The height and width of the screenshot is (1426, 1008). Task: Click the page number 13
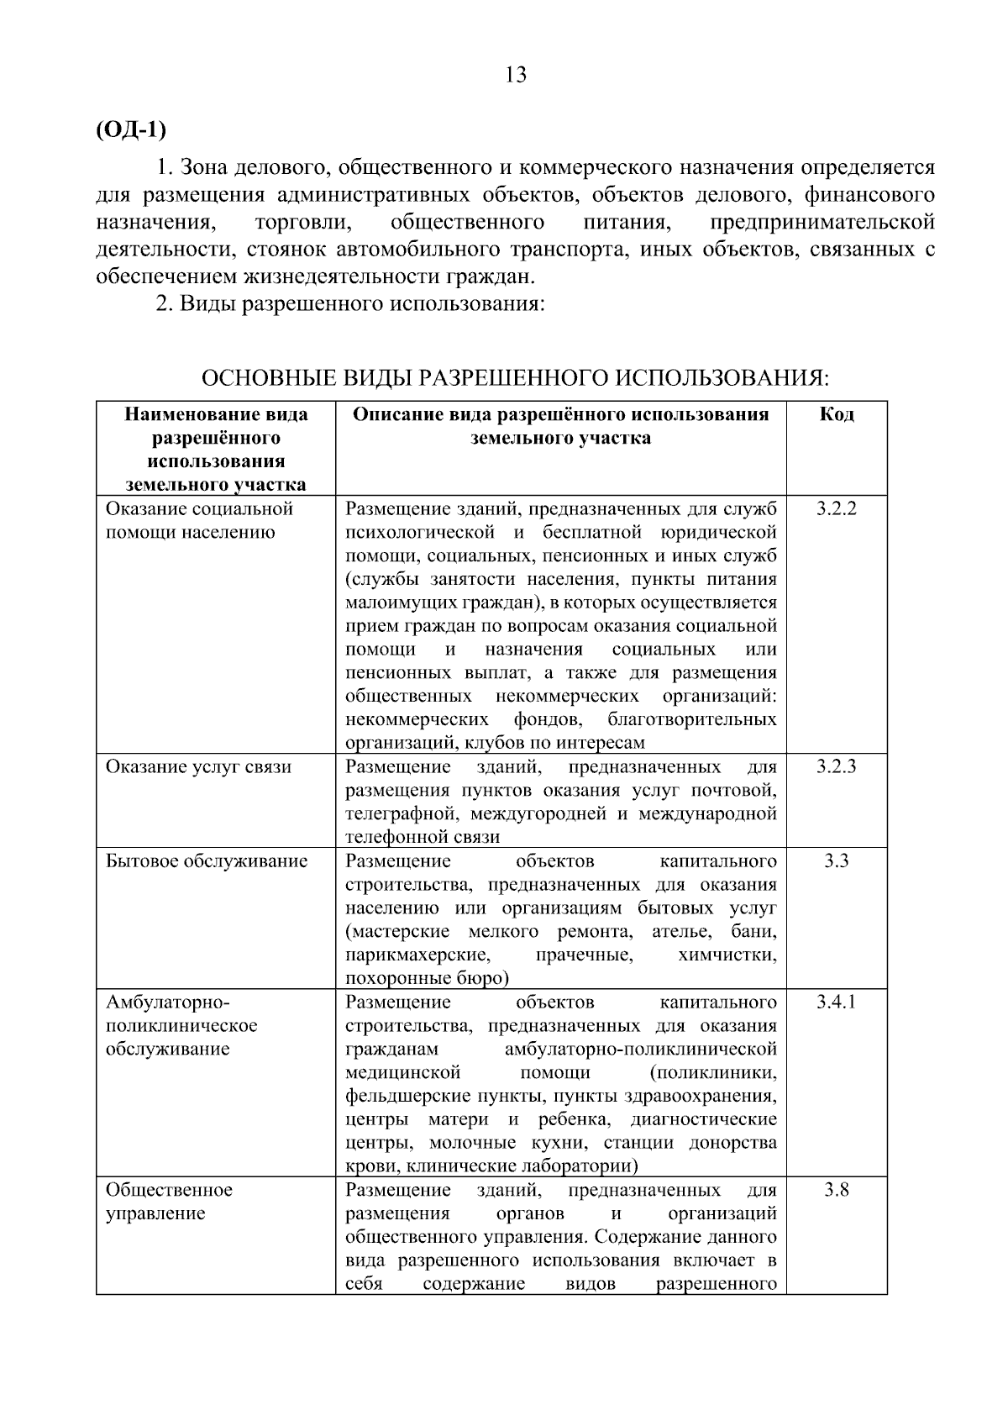pos(516,76)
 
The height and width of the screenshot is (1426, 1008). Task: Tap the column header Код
pos(836,414)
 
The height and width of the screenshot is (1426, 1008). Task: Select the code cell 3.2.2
pos(836,508)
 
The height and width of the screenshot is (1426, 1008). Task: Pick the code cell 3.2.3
pos(836,766)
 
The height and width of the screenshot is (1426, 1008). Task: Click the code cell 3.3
pos(836,860)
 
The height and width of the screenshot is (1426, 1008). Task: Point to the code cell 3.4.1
pos(836,1002)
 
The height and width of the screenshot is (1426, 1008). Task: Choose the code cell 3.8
pos(836,1190)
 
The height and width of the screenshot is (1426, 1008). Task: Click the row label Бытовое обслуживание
pos(207,860)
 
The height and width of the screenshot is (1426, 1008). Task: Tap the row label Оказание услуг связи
pos(198,766)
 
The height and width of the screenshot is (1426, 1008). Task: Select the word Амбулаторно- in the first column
pos(167,1002)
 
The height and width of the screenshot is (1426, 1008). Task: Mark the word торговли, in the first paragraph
pos(301,223)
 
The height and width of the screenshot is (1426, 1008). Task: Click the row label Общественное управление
pos(169,1202)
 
